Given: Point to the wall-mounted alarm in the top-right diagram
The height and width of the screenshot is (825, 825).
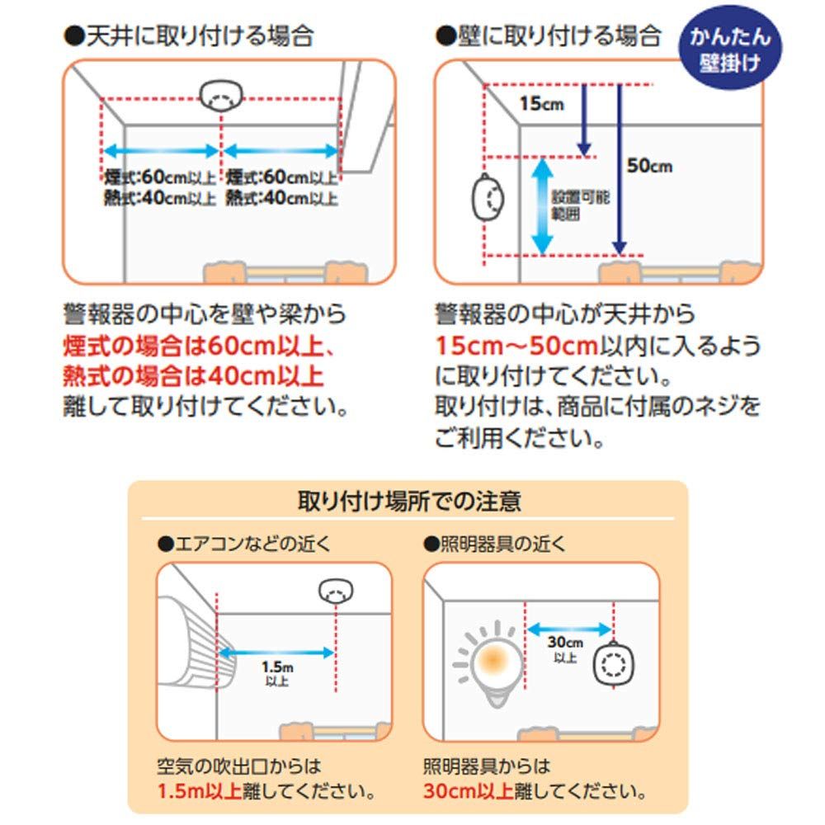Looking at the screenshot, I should click(x=486, y=198).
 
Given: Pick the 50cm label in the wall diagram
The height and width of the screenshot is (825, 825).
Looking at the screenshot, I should click(x=649, y=166).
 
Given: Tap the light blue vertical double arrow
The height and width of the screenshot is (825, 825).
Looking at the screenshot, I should click(x=541, y=205).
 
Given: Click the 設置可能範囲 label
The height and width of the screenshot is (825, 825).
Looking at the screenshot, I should click(x=566, y=206).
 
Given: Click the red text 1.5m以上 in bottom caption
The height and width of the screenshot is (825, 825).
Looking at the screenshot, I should click(x=200, y=793).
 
